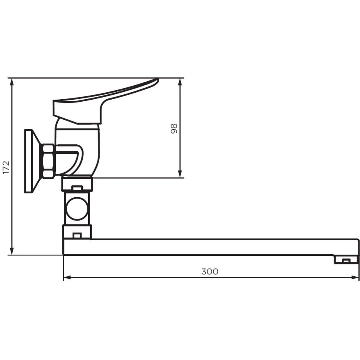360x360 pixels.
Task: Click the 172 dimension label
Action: click(6, 167)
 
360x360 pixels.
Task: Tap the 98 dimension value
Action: click(174, 129)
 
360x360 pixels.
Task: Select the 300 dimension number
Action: click(210, 271)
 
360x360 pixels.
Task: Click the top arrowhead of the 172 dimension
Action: click(12, 83)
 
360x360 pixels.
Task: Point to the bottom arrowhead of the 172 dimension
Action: click(12, 250)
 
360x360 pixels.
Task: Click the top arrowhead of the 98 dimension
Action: click(180, 83)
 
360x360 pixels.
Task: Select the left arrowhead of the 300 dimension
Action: click(68, 278)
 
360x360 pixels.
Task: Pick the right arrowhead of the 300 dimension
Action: click(354, 278)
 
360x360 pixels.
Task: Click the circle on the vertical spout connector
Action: click(77, 208)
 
